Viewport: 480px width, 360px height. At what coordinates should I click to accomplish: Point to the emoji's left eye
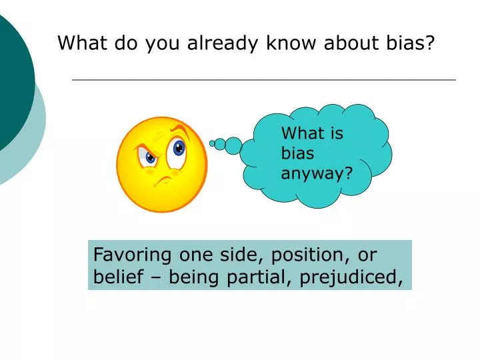(149, 157)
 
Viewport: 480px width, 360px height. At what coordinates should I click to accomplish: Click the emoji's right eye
(177, 148)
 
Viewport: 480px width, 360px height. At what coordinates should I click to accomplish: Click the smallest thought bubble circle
(213, 143)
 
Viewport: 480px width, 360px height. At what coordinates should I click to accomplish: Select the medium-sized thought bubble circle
(220, 143)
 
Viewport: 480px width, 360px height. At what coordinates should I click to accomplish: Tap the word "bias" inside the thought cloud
(297, 153)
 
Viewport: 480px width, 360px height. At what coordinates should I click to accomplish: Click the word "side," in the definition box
(238, 255)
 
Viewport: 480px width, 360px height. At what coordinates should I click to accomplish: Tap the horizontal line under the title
(263, 80)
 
